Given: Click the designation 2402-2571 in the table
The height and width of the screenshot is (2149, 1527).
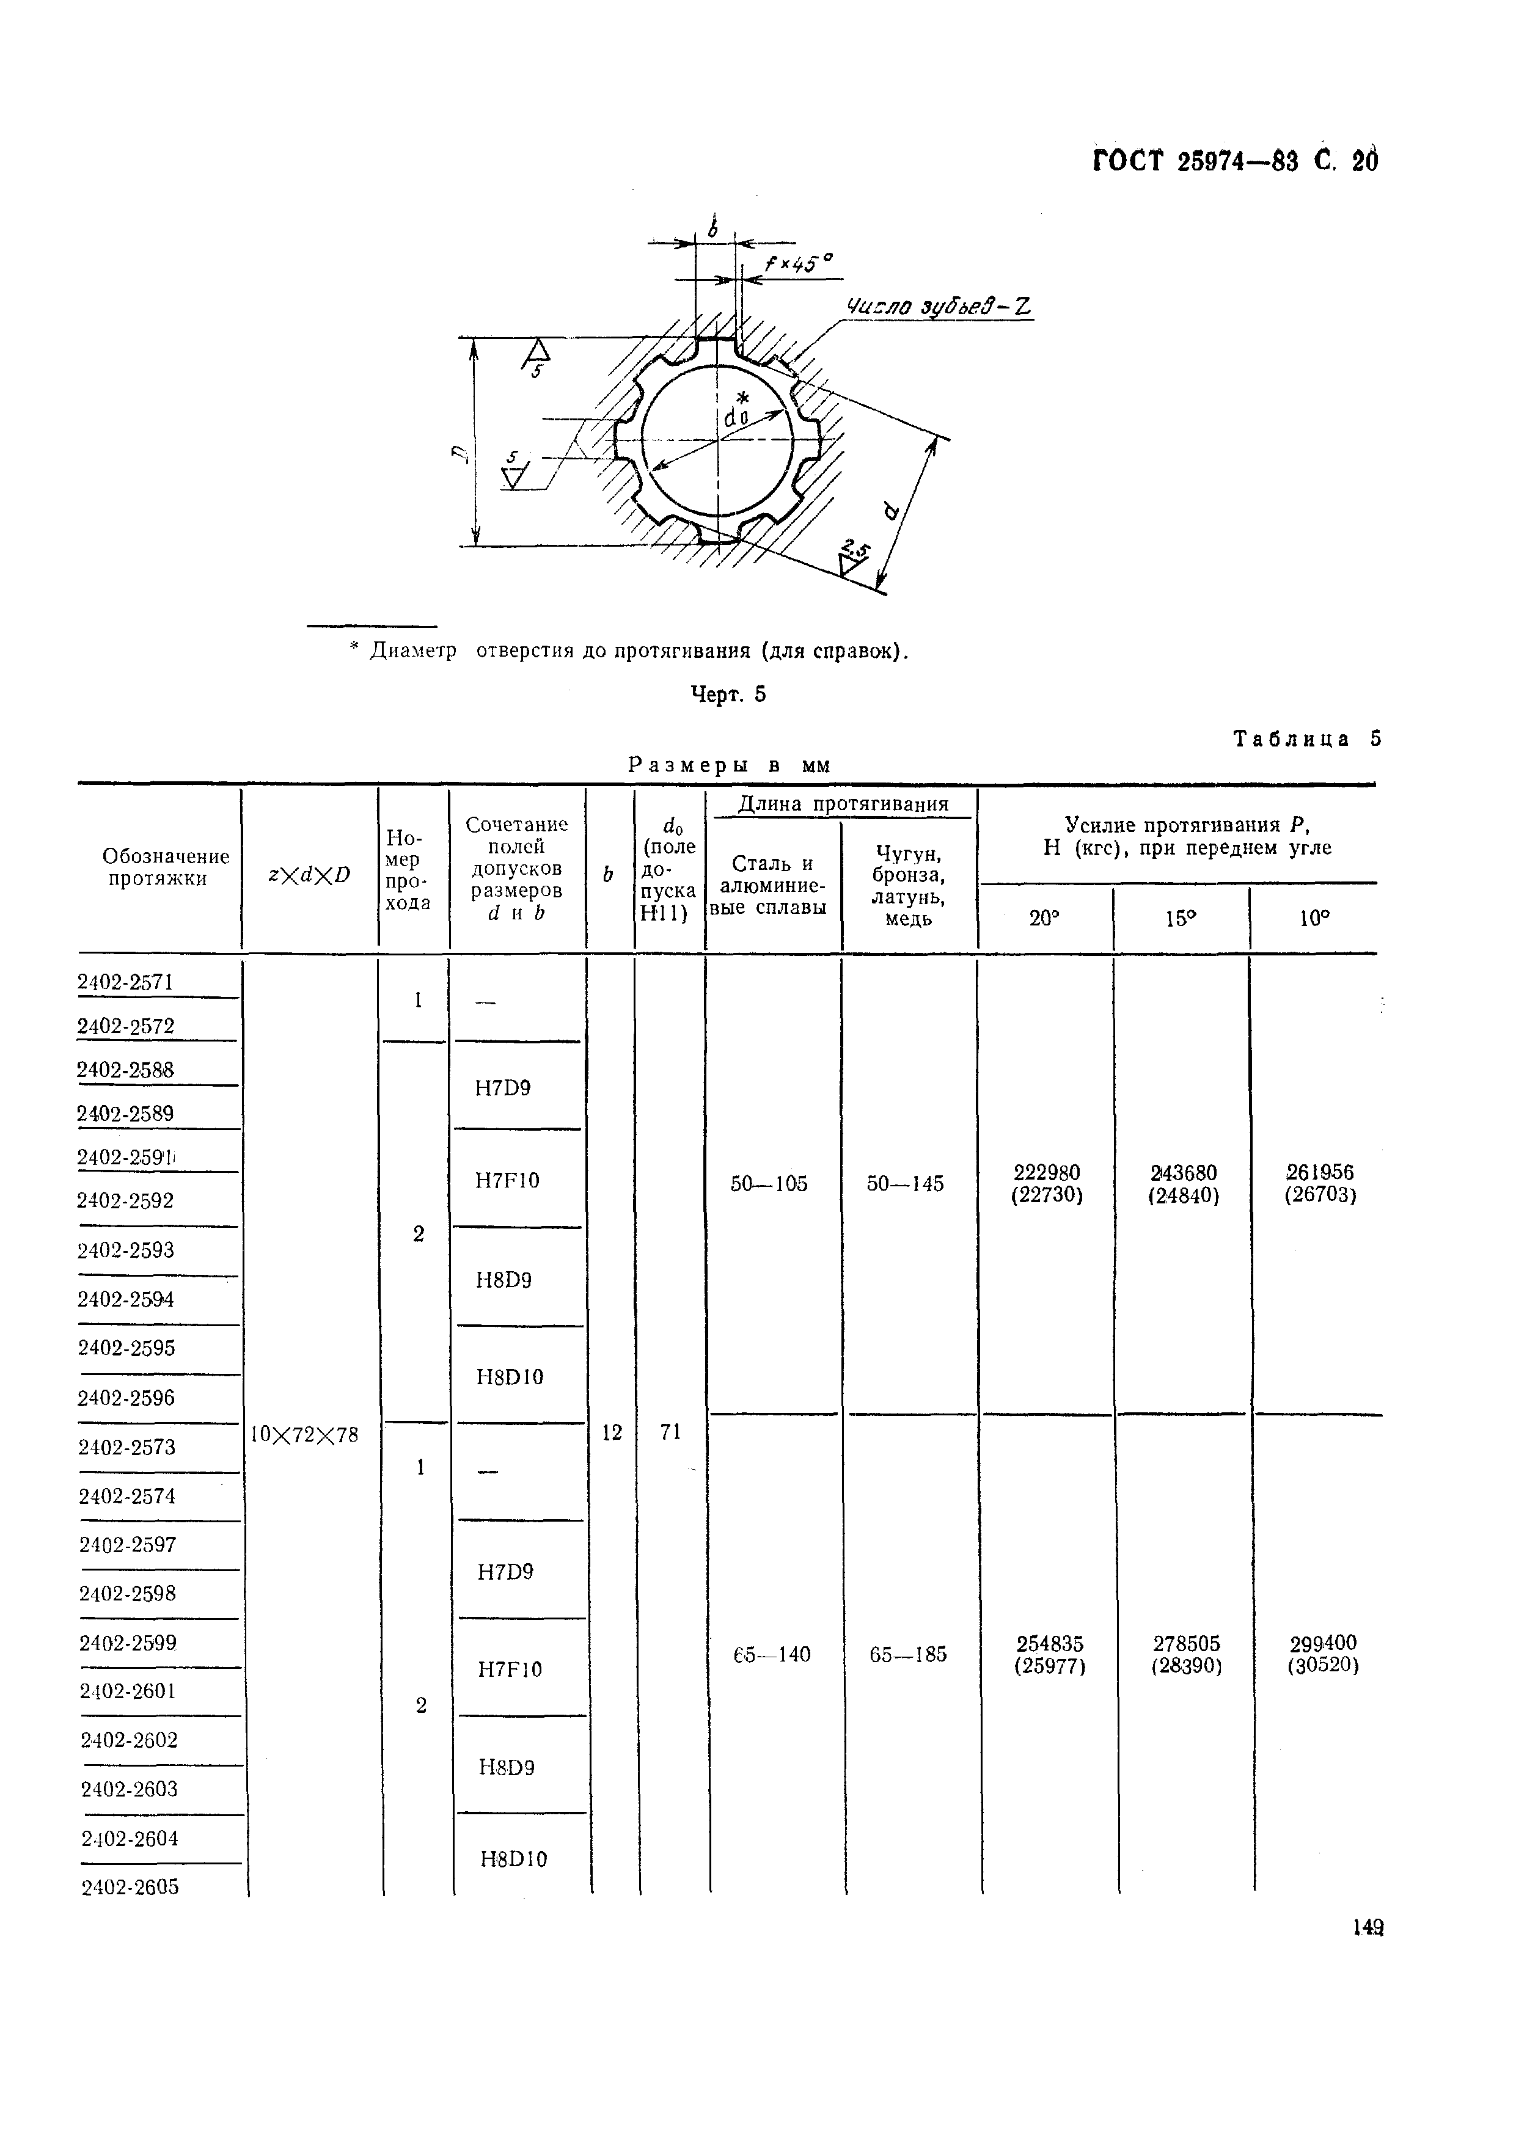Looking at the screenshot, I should pyautogui.click(x=125, y=982).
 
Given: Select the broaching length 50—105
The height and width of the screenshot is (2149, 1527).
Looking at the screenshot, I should pyautogui.click(x=769, y=1184).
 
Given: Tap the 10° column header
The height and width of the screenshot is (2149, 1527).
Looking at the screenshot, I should pyautogui.click(x=1314, y=919).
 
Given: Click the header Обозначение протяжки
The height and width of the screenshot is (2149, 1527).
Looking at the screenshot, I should pyautogui.click(x=166, y=867).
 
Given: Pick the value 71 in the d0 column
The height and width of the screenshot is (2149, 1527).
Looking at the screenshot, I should pyautogui.click(x=670, y=1432).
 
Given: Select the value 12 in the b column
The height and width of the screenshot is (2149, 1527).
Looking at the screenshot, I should pyautogui.click(x=612, y=1432).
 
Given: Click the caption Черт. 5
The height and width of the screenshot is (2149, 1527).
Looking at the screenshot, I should pyautogui.click(x=729, y=695).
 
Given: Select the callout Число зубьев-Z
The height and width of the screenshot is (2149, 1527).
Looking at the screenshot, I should pyautogui.click(x=939, y=307).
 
